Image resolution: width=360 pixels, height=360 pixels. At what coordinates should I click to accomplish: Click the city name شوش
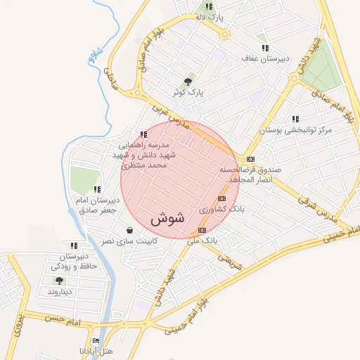pyautogui.click(x=167, y=218)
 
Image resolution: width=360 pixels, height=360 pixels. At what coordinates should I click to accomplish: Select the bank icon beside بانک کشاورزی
pyautogui.click(x=222, y=198)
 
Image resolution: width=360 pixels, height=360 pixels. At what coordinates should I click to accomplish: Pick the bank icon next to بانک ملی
pyautogui.click(x=202, y=230)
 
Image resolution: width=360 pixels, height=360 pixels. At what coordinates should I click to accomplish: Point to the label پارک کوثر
pyautogui.click(x=188, y=92)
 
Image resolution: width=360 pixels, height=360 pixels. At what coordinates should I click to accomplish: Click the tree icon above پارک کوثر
pyautogui.click(x=188, y=81)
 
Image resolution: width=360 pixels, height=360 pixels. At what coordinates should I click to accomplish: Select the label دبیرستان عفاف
pyautogui.click(x=260, y=59)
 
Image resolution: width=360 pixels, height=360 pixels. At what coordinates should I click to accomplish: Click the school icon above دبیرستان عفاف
pyautogui.click(x=265, y=48)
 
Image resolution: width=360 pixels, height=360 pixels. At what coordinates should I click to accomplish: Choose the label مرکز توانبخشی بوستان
pyautogui.click(x=295, y=131)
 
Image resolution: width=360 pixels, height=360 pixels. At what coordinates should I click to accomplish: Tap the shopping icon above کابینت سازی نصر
pyautogui.click(x=129, y=230)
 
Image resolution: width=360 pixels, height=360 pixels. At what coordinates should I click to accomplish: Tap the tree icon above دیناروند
pyautogui.click(x=59, y=281)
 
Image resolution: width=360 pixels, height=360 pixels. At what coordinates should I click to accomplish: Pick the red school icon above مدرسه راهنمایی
pyautogui.click(x=143, y=134)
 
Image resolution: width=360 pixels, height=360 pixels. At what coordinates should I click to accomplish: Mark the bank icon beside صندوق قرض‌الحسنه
pyautogui.click(x=250, y=160)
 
